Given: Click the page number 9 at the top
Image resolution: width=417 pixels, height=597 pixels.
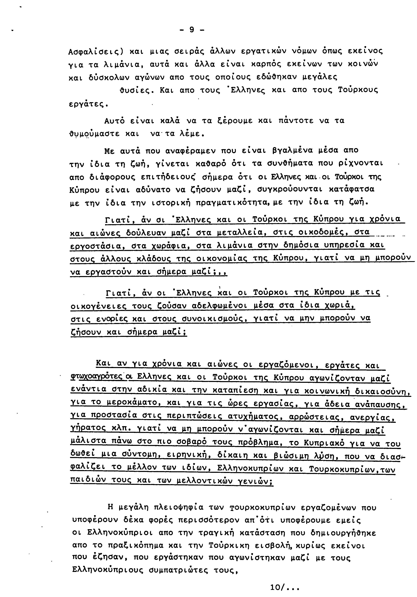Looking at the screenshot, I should click(192, 30).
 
